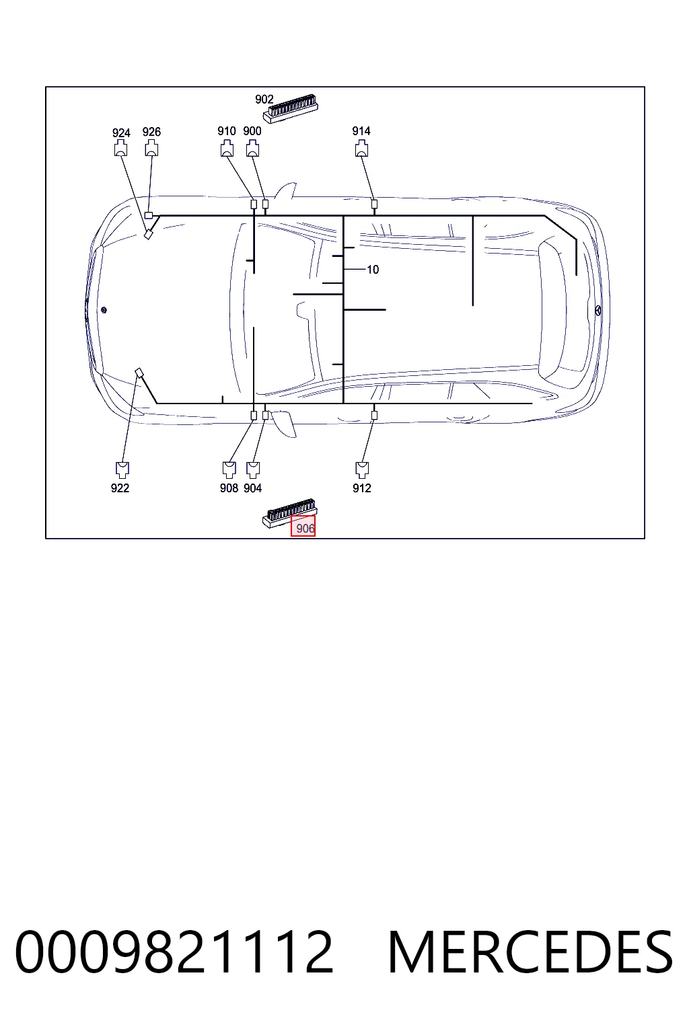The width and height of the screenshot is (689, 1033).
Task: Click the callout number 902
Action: tap(264, 99)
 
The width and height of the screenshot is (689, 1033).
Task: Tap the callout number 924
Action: tap(121, 132)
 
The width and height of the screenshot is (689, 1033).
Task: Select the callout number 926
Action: tap(151, 132)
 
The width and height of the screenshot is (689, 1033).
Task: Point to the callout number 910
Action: tap(227, 131)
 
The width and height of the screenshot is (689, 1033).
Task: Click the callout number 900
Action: tap(252, 131)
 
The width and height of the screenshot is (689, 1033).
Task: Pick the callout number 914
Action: tap(361, 131)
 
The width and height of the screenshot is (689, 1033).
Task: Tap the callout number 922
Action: tap(120, 488)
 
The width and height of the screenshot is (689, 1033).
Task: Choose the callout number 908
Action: tap(229, 488)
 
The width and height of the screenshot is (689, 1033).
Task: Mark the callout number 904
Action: tap(253, 488)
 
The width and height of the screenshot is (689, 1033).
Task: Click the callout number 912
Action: tap(362, 488)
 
